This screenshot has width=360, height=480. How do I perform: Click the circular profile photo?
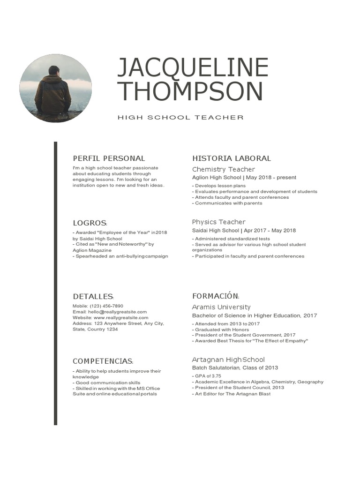(55, 88)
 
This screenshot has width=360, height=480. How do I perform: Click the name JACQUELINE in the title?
(193, 67)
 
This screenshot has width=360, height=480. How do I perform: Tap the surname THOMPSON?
(190, 91)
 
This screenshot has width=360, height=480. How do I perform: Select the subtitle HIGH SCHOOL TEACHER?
(180, 117)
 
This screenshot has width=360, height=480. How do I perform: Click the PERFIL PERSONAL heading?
(109, 158)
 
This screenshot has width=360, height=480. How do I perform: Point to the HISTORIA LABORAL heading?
(232, 158)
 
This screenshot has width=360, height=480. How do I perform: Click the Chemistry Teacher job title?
(224, 169)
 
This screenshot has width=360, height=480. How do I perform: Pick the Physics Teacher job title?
(218, 222)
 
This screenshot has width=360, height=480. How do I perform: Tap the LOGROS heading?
(90, 223)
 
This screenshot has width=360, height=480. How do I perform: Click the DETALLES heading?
(93, 296)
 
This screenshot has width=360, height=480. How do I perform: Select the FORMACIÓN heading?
(216, 296)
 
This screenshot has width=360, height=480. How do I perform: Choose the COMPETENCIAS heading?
(103, 361)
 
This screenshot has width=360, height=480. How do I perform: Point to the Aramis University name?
(221, 307)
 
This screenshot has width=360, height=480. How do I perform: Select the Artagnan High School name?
(228, 360)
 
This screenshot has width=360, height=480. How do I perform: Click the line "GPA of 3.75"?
(208, 376)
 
